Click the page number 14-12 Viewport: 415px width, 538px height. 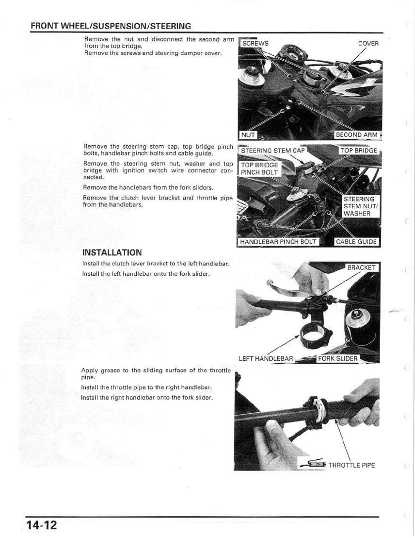click(x=42, y=525)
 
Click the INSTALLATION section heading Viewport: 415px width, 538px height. click(x=112, y=252)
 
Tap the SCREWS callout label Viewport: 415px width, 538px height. click(x=255, y=43)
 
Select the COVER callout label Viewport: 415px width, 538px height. click(x=368, y=43)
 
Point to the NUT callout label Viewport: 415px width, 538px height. click(x=248, y=134)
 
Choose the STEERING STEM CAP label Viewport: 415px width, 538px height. click(x=273, y=150)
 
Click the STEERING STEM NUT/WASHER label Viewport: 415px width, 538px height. click(x=359, y=206)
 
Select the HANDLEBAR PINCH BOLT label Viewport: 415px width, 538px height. click(x=278, y=241)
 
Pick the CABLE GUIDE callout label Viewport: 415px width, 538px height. click(x=356, y=241)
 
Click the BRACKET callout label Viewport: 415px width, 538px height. click(x=361, y=268)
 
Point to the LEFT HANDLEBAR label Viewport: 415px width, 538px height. click(x=266, y=359)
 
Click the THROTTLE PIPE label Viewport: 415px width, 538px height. click(x=351, y=465)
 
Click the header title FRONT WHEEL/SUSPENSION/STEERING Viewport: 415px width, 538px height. click(x=111, y=26)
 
